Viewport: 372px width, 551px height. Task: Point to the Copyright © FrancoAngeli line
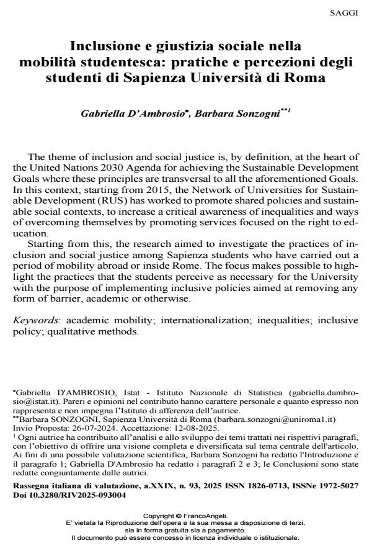[x=185, y=516]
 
